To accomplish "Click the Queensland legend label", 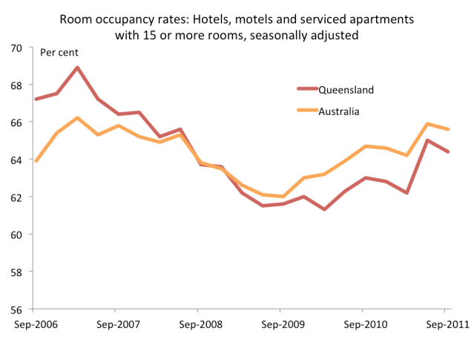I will pos(346,90).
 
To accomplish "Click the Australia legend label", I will pos(339,111).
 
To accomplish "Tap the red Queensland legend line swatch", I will pos(306,90).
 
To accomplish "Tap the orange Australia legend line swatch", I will pos(306,111).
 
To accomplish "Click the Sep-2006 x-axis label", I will pos(32,324).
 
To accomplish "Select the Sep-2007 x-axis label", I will pos(114,324).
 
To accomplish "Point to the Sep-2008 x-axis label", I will pos(197,324).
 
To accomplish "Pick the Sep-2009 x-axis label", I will pos(280,324).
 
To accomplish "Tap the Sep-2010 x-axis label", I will pos(363,324).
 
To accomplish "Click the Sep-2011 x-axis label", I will pos(444,324).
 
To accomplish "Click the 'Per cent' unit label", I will pos(59,53).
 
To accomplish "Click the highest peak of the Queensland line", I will pos(78,68).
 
